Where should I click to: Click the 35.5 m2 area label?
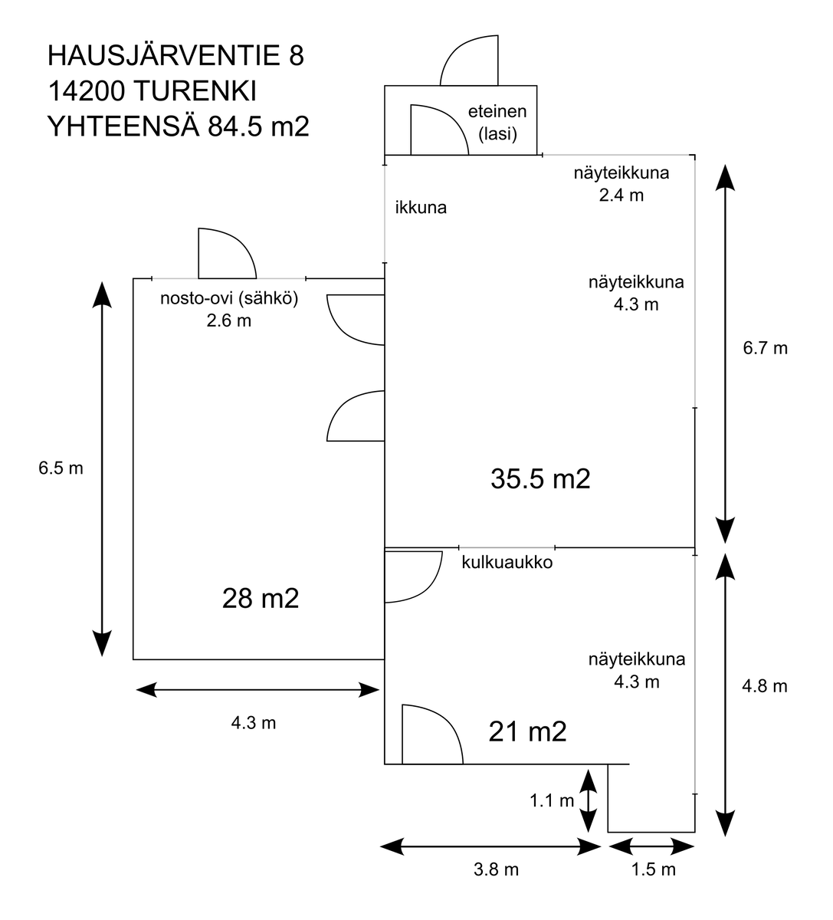coord(540,479)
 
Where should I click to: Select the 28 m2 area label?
coord(260,598)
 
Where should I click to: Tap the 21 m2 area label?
coord(527,732)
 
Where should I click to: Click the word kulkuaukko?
coord(507,563)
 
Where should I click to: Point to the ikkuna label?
coord(421,207)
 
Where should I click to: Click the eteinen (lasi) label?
coord(497,123)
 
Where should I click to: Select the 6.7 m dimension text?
coord(765,348)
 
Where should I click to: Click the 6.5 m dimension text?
coord(61,468)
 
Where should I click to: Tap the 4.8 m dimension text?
coord(765,686)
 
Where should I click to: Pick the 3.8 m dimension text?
coord(496,869)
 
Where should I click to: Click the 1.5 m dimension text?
coord(653,869)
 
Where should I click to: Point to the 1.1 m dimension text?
coord(552,801)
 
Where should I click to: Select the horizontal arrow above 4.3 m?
coord(257,691)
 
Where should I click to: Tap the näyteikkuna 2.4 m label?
coord(621,183)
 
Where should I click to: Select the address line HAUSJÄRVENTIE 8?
coord(175,56)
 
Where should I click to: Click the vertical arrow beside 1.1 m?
coord(588,801)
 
